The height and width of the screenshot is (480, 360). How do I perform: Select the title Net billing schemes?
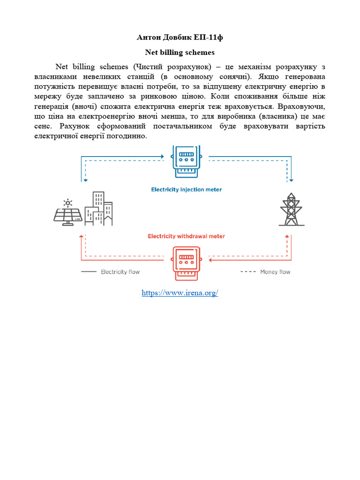[x=180, y=52]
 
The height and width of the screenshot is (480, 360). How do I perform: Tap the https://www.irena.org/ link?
[x=180, y=293]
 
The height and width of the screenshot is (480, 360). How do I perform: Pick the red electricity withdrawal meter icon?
[x=187, y=262]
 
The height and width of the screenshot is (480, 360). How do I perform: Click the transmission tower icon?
[x=292, y=210]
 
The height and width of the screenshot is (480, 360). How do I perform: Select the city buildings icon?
[x=99, y=209]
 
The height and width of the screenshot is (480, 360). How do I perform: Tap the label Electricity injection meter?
[x=187, y=189]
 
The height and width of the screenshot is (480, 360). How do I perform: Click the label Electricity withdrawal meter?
[x=187, y=236]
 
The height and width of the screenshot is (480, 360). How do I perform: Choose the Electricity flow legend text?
[x=120, y=272]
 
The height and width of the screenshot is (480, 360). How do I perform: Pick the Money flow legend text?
[x=275, y=272]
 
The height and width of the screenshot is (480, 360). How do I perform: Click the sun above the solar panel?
[x=68, y=203]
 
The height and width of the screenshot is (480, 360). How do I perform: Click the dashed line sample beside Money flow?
[x=248, y=272]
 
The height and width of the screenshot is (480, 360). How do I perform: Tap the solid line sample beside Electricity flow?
[x=88, y=272]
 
